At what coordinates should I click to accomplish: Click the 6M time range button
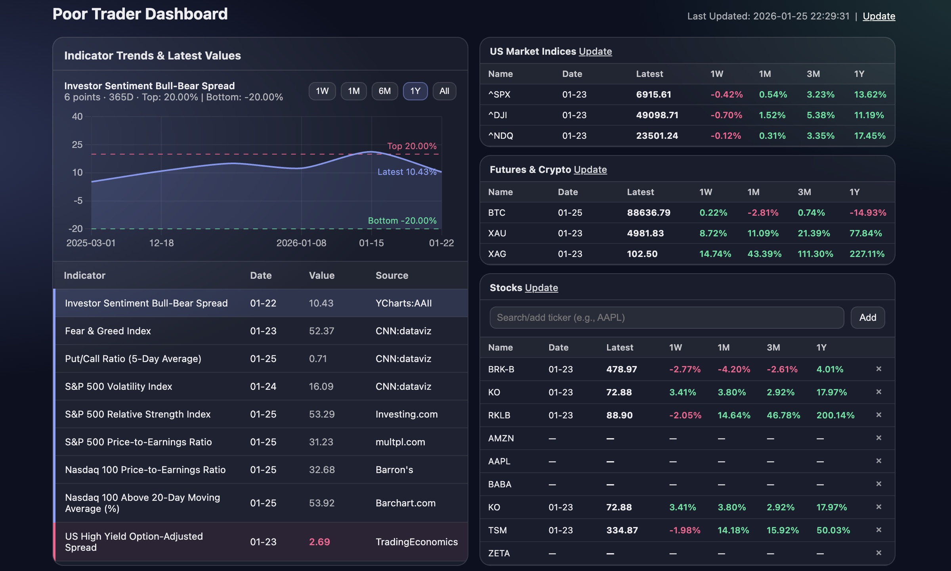click(x=384, y=91)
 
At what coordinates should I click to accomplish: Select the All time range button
click(x=444, y=91)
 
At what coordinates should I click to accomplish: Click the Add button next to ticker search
click(x=867, y=318)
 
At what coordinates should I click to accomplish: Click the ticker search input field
click(x=666, y=318)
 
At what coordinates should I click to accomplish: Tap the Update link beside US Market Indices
click(x=595, y=52)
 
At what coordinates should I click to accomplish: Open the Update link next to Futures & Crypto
click(x=590, y=170)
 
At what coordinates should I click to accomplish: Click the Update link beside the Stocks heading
click(x=541, y=288)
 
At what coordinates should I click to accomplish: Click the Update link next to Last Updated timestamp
click(x=878, y=16)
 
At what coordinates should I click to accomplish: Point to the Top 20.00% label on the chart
click(x=412, y=146)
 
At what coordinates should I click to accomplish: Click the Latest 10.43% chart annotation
click(x=407, y=172)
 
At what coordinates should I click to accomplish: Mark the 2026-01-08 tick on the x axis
click(x=301, y=243)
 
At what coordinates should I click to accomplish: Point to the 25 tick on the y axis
click(x=77, y=145)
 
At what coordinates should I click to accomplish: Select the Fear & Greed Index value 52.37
click(x=321, y=331)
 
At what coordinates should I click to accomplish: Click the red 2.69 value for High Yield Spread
click(x=319, y=542)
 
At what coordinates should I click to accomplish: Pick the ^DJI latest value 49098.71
click(x=657, y=115)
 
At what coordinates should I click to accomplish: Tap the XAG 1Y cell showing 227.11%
click(x=867, y=254)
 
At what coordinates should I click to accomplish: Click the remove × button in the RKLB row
click(x=878, y=415)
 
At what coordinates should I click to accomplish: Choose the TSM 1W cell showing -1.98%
click(x=685, y=531)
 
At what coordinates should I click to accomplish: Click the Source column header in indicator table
click(x=391, y=276)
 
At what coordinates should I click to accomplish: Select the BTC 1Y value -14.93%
click(x=867, y=213)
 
